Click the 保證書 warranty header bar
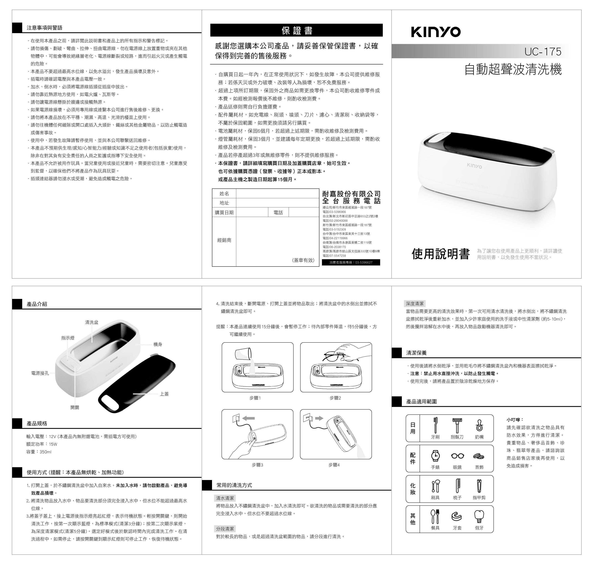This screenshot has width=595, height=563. (296, 30)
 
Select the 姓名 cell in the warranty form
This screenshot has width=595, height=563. (224, 193)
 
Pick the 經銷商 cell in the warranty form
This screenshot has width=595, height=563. (224, 240)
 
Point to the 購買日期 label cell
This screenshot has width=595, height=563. (224, 213)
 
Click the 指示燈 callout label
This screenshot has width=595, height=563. (68, 338)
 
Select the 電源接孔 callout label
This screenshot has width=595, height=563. (40, 373)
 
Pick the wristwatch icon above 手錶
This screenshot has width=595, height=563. (436, 456)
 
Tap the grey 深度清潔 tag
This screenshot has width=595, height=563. (415, 304)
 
